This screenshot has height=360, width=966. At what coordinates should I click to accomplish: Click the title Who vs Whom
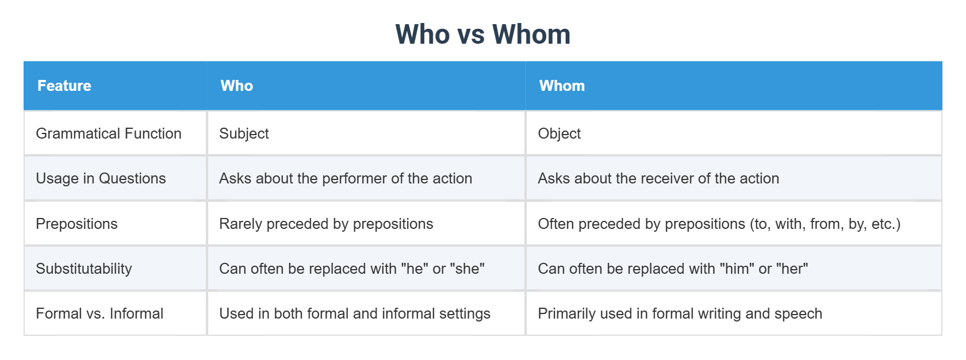point(482,35)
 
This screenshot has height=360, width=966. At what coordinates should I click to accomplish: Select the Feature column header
point(64,86)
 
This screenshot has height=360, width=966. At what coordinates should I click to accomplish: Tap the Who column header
point(237,86)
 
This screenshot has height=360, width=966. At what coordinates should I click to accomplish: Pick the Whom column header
point(562,86)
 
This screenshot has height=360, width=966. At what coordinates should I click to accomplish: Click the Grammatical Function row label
point(109,133)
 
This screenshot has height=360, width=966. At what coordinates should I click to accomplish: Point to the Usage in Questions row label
point(101,178)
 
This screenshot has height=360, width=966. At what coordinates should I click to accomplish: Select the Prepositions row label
point(76,224)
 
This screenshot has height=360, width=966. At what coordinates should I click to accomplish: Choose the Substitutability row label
point(84,269)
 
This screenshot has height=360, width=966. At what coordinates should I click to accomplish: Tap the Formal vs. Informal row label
point(99,313)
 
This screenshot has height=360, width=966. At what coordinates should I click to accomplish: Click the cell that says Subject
point(244,133)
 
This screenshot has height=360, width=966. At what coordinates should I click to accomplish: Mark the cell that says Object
point(559,133)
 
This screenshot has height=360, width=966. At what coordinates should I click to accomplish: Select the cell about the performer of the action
point(346,178)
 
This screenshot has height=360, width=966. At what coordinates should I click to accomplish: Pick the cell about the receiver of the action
point(658,178)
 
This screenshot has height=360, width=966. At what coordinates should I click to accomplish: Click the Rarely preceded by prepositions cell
point(326,224)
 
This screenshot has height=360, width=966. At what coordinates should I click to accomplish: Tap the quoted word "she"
point(467,269)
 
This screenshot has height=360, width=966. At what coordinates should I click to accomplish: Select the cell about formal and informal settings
point(355,313)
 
